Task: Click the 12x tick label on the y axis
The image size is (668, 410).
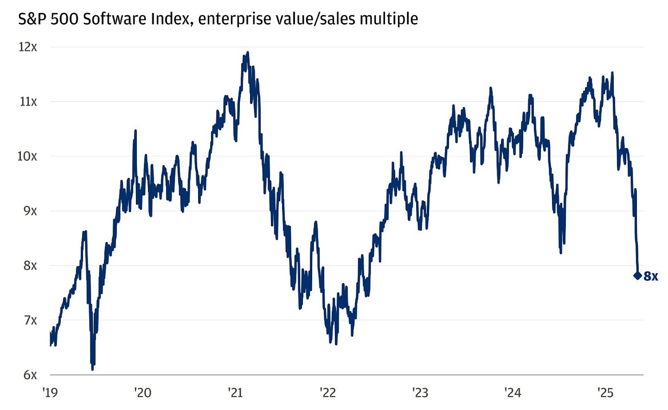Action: [27, 47]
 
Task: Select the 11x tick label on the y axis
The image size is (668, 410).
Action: [28, 101]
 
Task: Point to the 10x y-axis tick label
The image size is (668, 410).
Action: [27, 156]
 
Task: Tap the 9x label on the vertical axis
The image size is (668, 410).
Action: [30, 211]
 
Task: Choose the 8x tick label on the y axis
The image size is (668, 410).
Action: [30, 265]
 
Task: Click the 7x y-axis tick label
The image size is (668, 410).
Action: [30, 320]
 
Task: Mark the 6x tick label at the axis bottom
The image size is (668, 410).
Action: [30, 375]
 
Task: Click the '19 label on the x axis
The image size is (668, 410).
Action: [50, 393]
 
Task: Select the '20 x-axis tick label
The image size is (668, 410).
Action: [142, 393]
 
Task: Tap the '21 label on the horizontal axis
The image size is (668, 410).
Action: [235, 393]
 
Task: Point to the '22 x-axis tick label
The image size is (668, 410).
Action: [328, 393]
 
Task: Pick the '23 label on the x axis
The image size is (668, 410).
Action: [420, 393]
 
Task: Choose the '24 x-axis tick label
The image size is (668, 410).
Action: [513, 393]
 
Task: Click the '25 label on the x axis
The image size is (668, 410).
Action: [605, 393]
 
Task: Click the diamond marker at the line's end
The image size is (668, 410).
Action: [637, 276]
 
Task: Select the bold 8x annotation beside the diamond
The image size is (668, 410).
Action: [651, 277]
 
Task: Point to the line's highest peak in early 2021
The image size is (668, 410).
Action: [248, 52]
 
